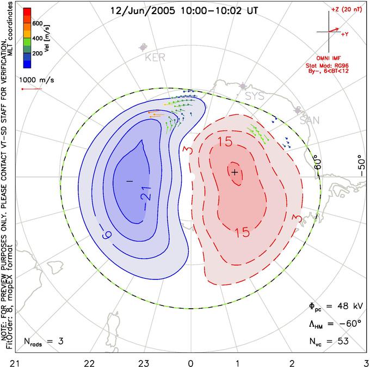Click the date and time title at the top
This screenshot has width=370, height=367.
(184, 11)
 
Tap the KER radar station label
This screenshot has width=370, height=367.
(155, 57)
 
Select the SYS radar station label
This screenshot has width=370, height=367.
(255, 96)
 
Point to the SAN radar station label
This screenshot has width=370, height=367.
(310, 120)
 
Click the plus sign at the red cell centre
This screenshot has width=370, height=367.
(235, 173)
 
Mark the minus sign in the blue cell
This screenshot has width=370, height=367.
(129, 181)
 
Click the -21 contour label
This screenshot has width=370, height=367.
(146, 194)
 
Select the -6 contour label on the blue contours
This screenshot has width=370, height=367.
(107, 235)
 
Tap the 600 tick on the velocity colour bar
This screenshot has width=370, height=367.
(38, 23)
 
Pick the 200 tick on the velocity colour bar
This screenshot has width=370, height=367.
(38, 53)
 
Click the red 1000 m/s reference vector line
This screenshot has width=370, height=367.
(32, 89)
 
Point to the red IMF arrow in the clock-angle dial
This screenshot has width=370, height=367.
(334, 29)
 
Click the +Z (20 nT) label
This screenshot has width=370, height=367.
(347, 10)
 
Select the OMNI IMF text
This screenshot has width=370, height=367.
(329, 58)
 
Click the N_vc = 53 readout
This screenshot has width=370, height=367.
(329, 341)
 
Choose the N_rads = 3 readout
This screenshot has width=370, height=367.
(44, 341)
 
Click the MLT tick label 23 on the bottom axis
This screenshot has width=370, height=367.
(144, 363)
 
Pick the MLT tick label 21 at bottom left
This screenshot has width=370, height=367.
(15, 363)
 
